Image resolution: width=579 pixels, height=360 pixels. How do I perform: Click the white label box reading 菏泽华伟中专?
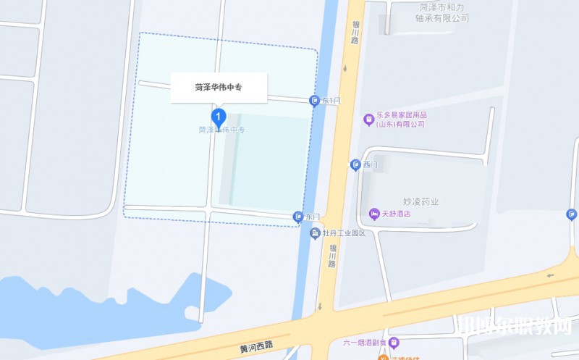coord(219,88)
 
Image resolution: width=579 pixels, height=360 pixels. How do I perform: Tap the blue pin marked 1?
coord(219,117)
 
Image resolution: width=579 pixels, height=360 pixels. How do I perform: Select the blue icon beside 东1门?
coord(314,101)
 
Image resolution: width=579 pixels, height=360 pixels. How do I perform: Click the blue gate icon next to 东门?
coord(297,217)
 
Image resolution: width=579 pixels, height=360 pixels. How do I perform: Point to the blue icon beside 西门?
coord(355,165)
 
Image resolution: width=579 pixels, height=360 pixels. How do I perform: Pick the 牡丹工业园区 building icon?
coord(315,233)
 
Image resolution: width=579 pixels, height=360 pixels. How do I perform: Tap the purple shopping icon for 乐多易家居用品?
coord(368,119)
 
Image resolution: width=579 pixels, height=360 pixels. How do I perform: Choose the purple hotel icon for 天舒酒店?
coord(373,213)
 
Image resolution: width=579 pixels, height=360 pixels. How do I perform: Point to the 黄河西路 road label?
coord(259,348)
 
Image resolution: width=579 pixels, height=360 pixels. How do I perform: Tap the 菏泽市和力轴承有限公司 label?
coord(444,12)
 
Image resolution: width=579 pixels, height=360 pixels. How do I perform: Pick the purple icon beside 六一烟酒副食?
coord(393,342)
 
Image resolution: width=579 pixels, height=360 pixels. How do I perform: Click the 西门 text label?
coord(371,165)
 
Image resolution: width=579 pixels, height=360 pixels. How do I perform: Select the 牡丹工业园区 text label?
coord(344,233)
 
